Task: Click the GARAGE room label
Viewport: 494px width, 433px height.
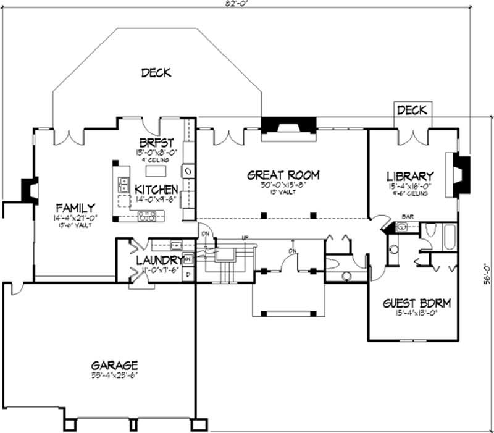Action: coord(112,365)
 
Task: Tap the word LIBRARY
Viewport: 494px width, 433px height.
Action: coord(410,176)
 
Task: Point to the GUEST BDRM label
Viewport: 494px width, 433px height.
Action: coord(417,303)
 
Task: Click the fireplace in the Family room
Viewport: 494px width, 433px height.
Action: coord(29,191)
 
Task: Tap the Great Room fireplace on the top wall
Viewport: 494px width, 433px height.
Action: coord(289,125)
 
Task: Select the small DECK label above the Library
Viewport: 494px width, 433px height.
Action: coord(412,111)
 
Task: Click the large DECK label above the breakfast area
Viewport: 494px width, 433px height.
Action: coord(156,73)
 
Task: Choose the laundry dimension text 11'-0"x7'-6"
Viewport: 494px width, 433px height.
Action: coord(158,271)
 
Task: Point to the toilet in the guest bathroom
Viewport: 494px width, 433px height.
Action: coord(432,233)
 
